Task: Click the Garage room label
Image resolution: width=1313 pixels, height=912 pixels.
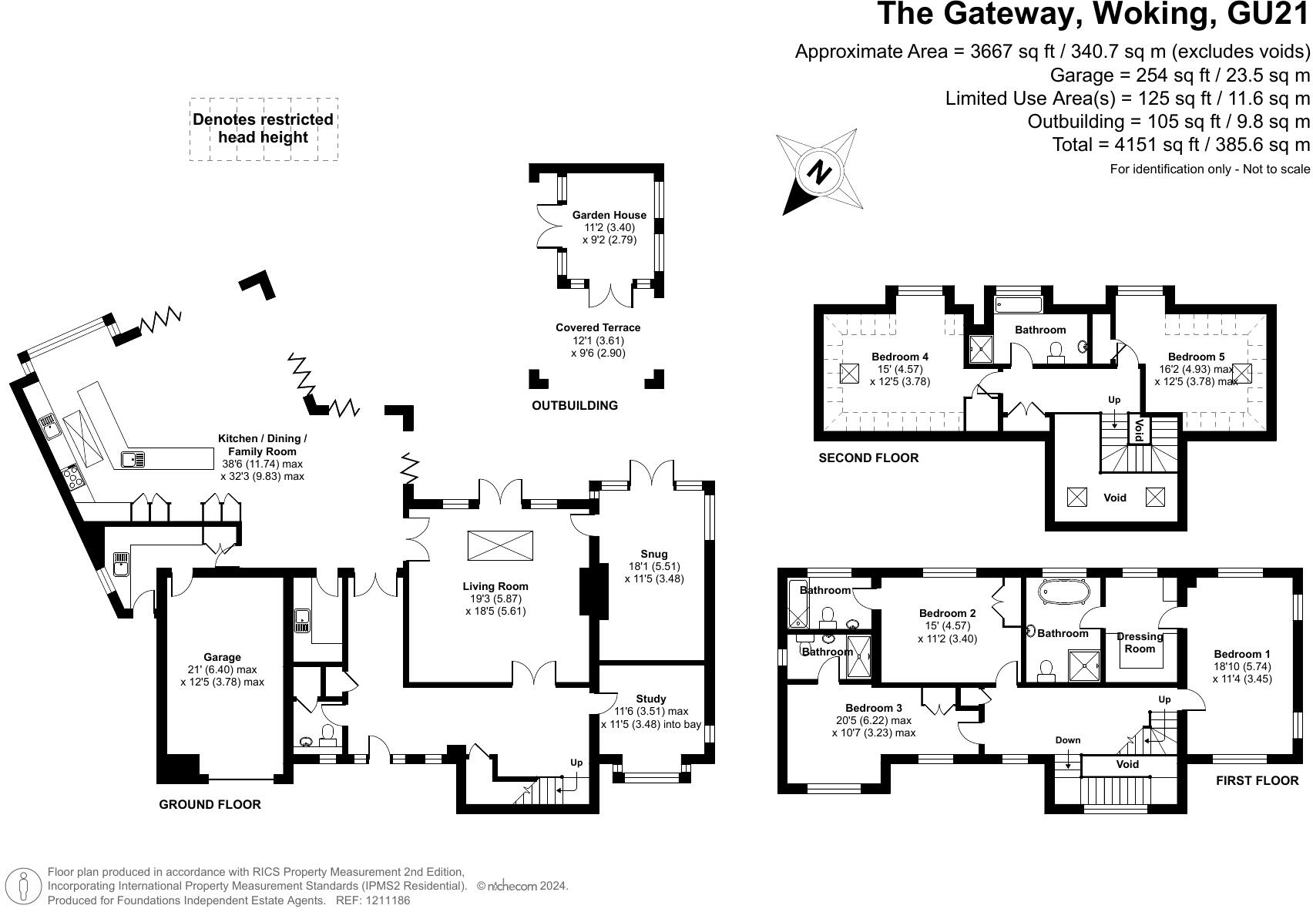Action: [x=222, y=657]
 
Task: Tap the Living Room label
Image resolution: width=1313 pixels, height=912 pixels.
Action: [x=495, y=586]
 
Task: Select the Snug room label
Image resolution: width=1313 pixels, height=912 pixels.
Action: [x=653, y=554]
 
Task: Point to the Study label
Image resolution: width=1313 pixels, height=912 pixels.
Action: [x=650, y=699]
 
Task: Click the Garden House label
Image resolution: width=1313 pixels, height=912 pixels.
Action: [x=609, y=215]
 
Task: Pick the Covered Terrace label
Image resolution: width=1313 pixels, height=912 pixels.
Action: [x=598, y=327]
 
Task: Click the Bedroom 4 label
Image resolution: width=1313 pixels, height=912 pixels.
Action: [x=899, y=357]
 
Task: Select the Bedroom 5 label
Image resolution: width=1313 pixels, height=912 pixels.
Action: [x=1195, y=357]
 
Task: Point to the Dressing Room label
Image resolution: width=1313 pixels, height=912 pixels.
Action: [x=1140, y=642]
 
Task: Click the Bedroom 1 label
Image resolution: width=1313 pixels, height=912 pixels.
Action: [x=1241, y=654]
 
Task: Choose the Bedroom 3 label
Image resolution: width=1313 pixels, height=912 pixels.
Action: [x=873, y=708]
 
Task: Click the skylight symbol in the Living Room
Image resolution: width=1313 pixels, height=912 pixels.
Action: [x=500, y=545]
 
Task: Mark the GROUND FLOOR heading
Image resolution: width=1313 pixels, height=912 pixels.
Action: [x=210, y=804]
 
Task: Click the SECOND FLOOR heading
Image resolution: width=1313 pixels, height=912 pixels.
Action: [x=868, y=458]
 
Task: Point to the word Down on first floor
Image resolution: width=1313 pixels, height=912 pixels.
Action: [x=1068, y=740]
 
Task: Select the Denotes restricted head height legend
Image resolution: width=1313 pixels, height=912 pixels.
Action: [x=264, y=129]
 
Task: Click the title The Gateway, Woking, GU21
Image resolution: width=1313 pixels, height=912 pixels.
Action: [x=1093, y=15]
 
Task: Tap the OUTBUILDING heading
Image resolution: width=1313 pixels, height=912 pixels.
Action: [x=575, y=405]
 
